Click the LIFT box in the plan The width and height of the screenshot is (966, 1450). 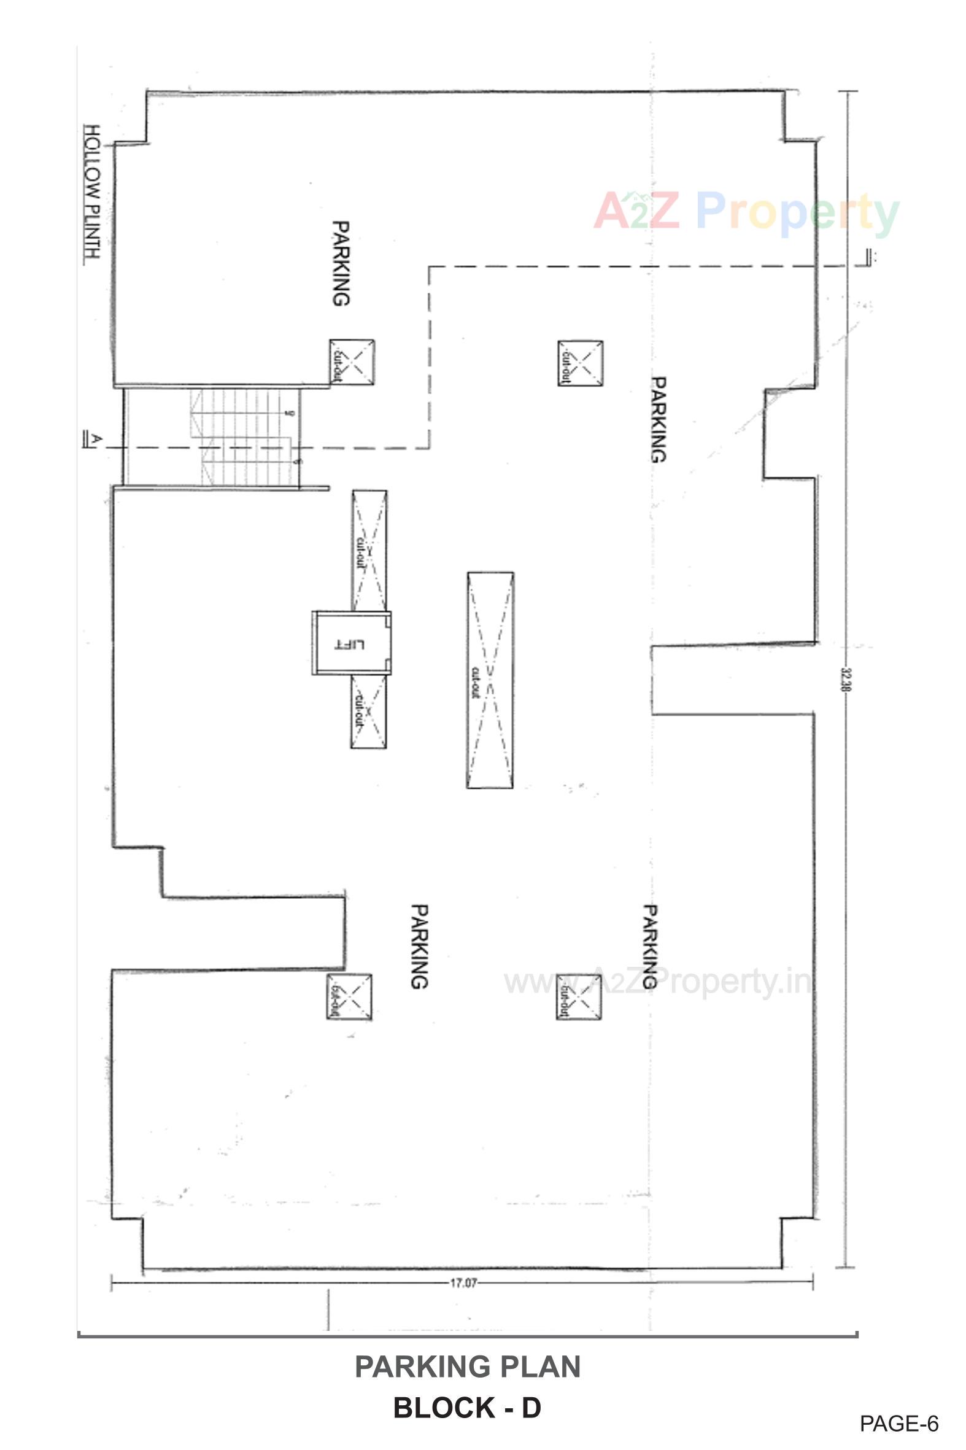point(351,643)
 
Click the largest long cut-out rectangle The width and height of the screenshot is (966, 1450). point(490,680)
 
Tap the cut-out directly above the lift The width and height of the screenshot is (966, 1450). point(369,550)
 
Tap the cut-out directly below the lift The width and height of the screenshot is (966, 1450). point(368,711)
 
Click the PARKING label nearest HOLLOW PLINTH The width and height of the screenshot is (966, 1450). point(341,264)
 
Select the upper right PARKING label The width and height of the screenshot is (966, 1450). point(659,420)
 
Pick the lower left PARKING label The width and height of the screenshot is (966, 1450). point(419,947)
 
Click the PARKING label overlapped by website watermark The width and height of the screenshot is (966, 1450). point(651,947)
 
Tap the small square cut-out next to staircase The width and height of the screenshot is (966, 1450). point(352,362)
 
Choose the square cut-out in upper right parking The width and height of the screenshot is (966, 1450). point(581,363)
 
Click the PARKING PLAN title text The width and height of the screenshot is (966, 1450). point(468,1366)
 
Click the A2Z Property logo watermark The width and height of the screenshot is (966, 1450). point(746,212)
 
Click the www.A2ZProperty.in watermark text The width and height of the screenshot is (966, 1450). point(657,982)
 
